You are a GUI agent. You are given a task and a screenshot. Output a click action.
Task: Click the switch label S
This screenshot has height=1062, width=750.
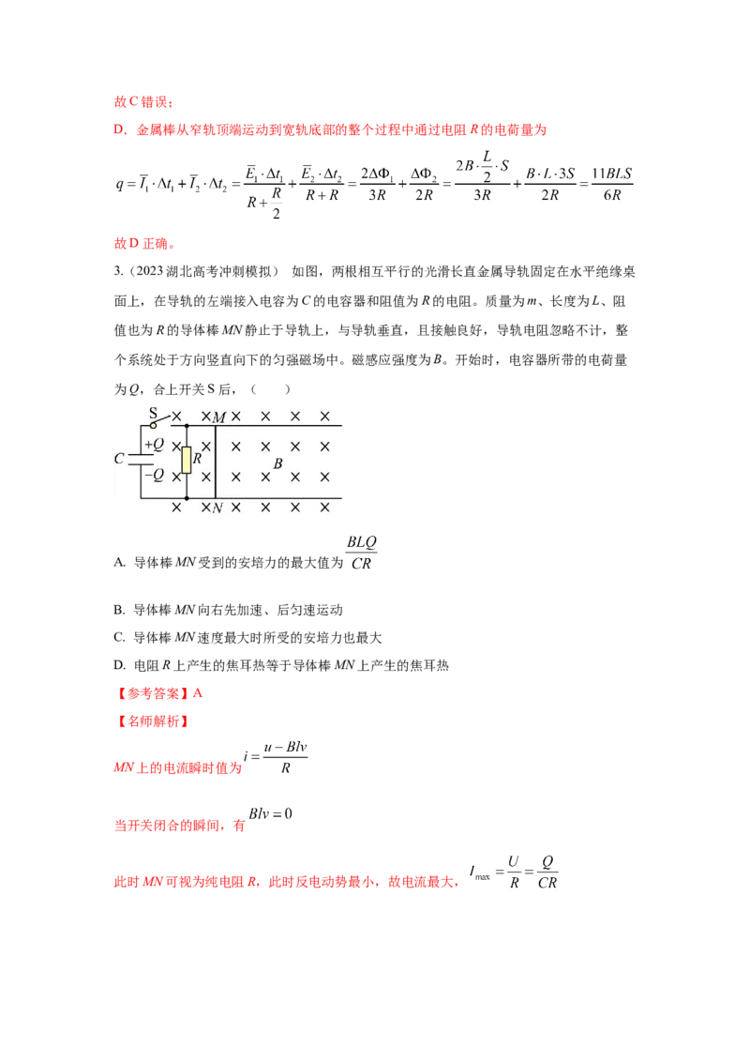point(154,413)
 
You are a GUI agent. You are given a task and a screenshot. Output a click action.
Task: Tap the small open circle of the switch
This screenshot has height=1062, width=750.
point(154,425)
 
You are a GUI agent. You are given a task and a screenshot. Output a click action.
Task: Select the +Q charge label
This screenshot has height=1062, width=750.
point(154,444)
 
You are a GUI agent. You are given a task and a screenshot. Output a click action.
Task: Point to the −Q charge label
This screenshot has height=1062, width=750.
point(153,475)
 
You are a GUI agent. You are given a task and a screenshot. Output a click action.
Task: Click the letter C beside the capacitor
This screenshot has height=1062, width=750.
point(119,460)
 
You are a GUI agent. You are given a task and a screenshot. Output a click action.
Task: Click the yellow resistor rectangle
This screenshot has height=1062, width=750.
point(187,460)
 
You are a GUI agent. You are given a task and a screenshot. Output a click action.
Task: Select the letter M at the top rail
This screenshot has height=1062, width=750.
point(219,417)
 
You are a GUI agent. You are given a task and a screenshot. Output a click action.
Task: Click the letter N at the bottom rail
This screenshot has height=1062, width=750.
point(217,508)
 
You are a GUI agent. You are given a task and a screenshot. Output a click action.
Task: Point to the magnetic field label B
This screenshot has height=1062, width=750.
point(277,463)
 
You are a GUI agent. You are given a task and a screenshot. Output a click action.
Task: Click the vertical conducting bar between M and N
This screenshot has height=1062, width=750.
point(216,462)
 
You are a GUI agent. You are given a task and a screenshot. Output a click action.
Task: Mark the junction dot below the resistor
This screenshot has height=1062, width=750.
point(187,498)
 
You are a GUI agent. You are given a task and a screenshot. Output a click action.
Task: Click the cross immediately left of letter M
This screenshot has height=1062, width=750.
point(205,416)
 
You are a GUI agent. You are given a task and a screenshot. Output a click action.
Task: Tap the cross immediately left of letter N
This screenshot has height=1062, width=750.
point(205,508)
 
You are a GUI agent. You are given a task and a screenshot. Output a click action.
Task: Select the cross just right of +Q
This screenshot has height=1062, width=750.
point(175,446)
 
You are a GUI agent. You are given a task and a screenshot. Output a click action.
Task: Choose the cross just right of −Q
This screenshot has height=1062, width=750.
point(175,476)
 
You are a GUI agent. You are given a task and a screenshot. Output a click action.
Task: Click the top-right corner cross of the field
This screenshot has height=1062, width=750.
point(324,416)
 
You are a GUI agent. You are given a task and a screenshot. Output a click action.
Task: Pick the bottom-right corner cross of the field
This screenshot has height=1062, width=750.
point(324,508)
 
